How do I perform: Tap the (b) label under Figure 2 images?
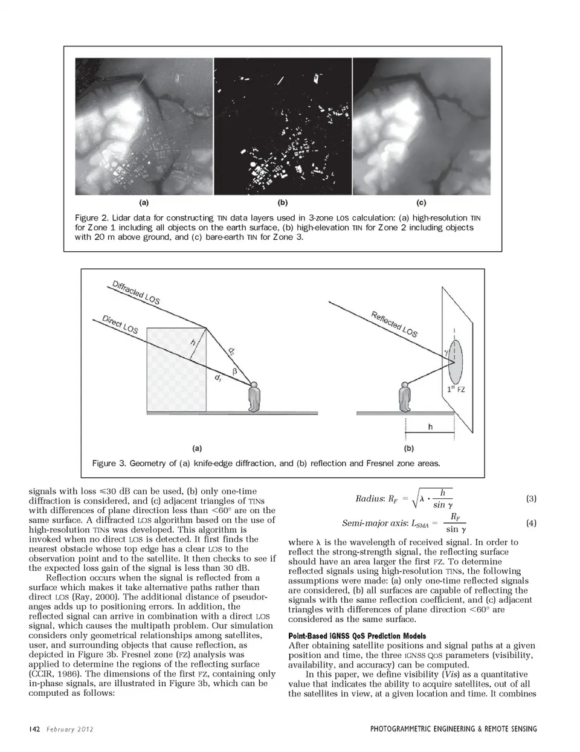click(x=282, y=203)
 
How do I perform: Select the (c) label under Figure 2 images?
click(x=421, y=203)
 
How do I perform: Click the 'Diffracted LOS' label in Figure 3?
click(x=136, y=292)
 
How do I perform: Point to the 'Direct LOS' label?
click(x=120, y=324)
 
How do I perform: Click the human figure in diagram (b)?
click(x=404, y=397)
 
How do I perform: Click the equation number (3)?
click(x=531, y=499)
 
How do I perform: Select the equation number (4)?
click(x=531, y=523)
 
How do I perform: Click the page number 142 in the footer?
click(x=34, y=729)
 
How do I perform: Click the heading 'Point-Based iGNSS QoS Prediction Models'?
click(x=357, y=636)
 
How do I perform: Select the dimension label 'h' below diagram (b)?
click(x=430, y=427)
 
